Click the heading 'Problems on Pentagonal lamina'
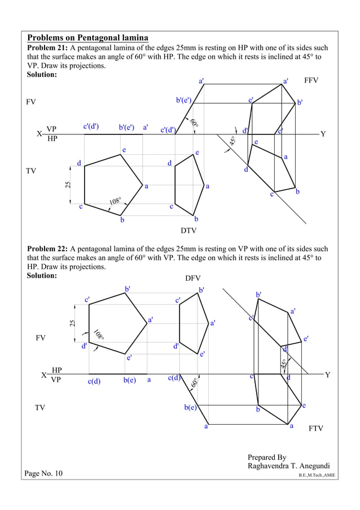(87, 37)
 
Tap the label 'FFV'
(311, 81)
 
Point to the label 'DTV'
(188, 230)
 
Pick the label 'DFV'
(193, 278)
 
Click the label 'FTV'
(316, 429)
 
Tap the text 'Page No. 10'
(44, 473)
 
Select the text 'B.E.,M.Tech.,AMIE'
(317, 476)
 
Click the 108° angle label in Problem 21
(116, 200)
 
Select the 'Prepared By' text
(267, 457)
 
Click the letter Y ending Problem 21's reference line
(323, 134)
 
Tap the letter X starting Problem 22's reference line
(43, 375)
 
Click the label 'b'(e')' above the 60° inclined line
(184, 101)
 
